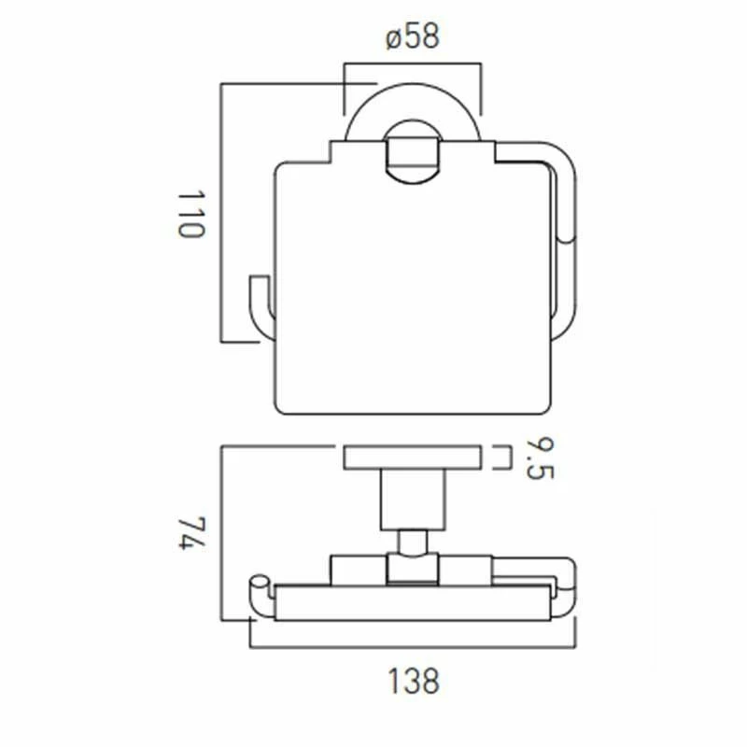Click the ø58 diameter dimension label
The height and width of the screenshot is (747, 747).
pyautogui.click(x=412, y=38)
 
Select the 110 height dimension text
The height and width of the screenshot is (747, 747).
pyautogui.click(x=190, y=215)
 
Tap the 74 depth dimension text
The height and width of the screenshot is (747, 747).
pyautogui.click(x=190, y=535)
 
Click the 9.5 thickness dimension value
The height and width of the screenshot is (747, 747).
pyautogui.click(x=538, y=458)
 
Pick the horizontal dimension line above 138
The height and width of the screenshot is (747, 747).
pyautogui.click(x=412, y=645)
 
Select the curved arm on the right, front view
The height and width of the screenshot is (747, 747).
pyautogui.click(x=566, y=233)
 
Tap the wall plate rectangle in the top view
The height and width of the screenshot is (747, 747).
pyautogui.click(x=412, y=458)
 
